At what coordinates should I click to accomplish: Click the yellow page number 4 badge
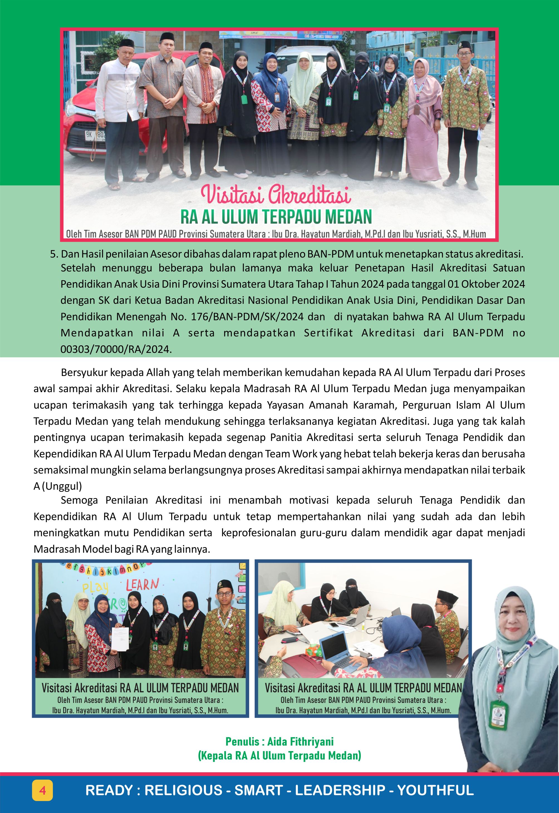[43, 790]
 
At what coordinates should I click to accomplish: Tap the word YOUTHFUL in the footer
[435, 790]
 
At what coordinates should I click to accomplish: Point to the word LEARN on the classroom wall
[142, 585]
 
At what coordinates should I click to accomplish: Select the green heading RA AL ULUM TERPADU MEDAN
[276, 217]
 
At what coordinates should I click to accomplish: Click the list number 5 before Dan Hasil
[53, 254]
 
